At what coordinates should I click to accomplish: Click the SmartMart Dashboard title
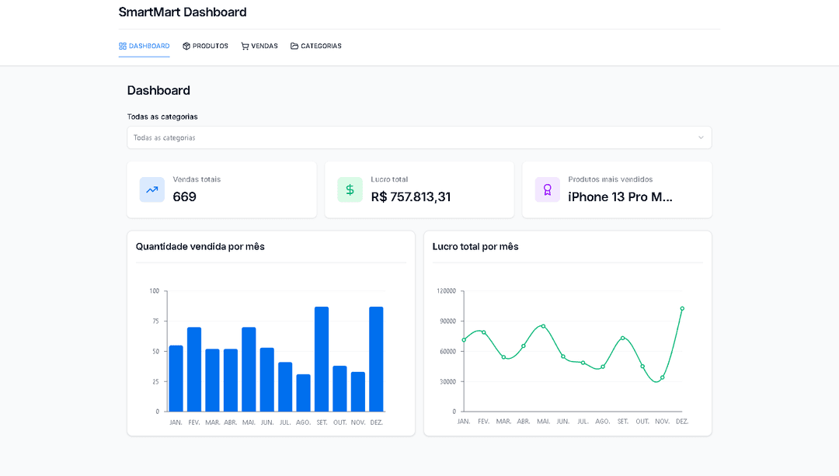[x=183, y=12]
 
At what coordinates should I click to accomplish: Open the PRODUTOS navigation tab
[x=205, y=47]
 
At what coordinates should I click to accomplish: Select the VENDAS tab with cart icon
[x=259, y=47]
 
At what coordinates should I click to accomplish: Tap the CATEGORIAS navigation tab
[x=315, y=47]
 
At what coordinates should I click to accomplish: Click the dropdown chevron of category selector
[x=700, y=137]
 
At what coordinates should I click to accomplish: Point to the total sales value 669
[x=184, y=197]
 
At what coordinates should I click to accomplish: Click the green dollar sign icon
[x=350, y=189]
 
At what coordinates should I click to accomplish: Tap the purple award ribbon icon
[x=547, y=189]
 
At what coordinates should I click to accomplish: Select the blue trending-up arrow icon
[x=151, y=189]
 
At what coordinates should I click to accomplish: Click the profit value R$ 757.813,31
[x=410, y=197]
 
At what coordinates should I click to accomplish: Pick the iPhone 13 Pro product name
[x=620, y=197]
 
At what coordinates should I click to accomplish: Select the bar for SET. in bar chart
[x=322, y=359]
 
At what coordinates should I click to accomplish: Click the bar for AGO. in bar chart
[x=303, y=392]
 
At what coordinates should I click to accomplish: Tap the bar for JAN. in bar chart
[x=176, y=378]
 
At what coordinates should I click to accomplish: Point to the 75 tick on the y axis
[x=155, y=321]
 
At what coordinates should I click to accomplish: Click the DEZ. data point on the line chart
[x=682, y=308]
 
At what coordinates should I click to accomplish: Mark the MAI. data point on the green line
[x=543, y=326]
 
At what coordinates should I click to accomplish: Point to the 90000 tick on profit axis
[x=446, y=321]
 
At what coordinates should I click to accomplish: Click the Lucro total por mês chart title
[x=475, y=247]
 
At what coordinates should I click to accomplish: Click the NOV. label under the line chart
[x=662, y=422]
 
